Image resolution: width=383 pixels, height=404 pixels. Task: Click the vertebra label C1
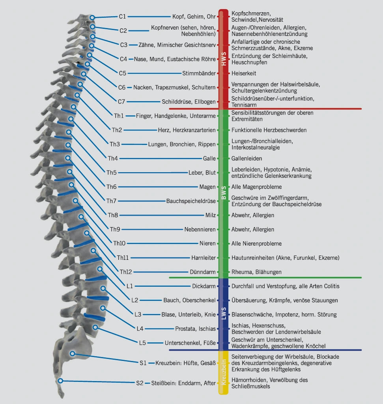tap(122, 17)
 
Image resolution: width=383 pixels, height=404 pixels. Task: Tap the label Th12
tap(125, 272)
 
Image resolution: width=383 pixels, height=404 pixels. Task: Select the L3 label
tap(138, 314)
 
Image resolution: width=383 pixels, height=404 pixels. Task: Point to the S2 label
tap(140, 383)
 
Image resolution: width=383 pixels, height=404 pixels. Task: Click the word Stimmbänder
tap(199, 73)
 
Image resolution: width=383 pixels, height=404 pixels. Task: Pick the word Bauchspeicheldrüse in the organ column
tap(191, 201)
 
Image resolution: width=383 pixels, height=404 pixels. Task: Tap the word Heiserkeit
tap(244, 73)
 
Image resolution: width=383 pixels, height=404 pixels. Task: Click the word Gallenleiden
tap(247, 158)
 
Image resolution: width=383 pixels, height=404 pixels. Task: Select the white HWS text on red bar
tap(224, 59)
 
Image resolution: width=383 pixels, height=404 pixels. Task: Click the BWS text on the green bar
tap(224, 193)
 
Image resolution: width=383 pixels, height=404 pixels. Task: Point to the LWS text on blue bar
tap(224, 313)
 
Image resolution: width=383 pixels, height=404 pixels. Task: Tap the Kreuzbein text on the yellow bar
tap(224, 372)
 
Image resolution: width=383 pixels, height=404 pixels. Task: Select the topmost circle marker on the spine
tap(92, 17)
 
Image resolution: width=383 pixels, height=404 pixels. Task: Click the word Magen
tap(207, 187)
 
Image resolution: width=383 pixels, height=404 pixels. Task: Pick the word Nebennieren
tap(200, 229)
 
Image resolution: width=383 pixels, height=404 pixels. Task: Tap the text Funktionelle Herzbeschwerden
tap(269, 130)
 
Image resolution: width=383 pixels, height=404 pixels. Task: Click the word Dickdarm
tap(204, 286)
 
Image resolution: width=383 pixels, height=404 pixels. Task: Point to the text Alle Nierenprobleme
tap(256, 244)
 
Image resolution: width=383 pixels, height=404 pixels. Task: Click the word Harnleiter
tap(204, 257)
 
